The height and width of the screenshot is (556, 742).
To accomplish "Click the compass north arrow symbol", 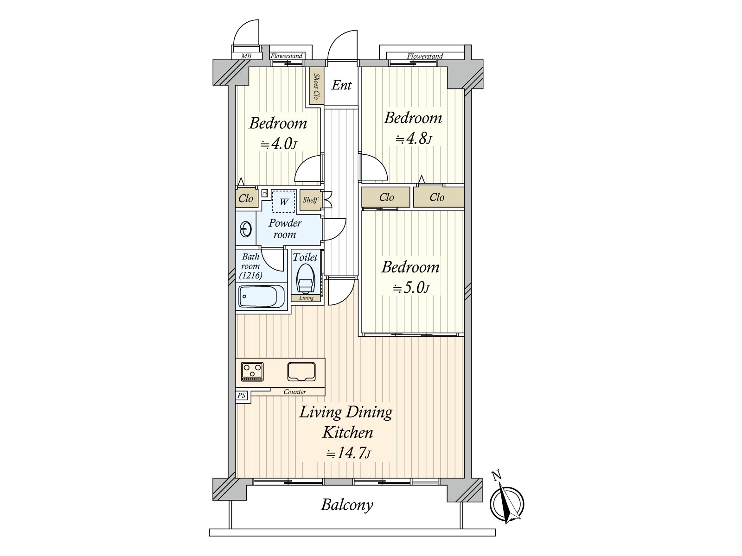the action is point(506,503).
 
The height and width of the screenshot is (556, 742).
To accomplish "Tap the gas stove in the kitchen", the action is point(252,372).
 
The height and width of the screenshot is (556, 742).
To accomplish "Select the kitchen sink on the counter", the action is point(301,372).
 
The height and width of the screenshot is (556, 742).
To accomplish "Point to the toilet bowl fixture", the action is point(306,278).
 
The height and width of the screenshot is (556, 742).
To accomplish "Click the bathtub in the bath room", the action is point(262,296).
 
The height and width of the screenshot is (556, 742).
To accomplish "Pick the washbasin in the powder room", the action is point(246,230).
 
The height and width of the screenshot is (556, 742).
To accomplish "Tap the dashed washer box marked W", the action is point(284,202).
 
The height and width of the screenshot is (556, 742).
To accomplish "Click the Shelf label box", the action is point(310,200).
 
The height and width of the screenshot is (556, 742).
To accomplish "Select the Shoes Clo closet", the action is point(316,87).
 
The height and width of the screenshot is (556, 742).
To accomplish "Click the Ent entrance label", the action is point(341,85).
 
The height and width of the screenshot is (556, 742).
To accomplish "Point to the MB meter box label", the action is point(246,56).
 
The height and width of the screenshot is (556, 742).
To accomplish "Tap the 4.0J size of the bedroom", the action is point(279,144).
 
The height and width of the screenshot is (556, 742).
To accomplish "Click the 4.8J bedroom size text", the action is point(413,139).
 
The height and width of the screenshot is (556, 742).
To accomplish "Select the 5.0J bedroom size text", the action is point(411,288).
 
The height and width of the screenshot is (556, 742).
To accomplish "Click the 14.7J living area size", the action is point(348,454).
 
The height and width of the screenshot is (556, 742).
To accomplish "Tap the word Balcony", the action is point(347,505).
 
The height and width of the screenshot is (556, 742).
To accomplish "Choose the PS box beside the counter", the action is point(241,395).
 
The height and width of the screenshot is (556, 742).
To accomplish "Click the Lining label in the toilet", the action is point(306,298).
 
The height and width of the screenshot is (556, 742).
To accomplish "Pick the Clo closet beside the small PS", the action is point(246,198).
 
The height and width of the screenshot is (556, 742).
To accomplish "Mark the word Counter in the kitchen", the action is point(295,392).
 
